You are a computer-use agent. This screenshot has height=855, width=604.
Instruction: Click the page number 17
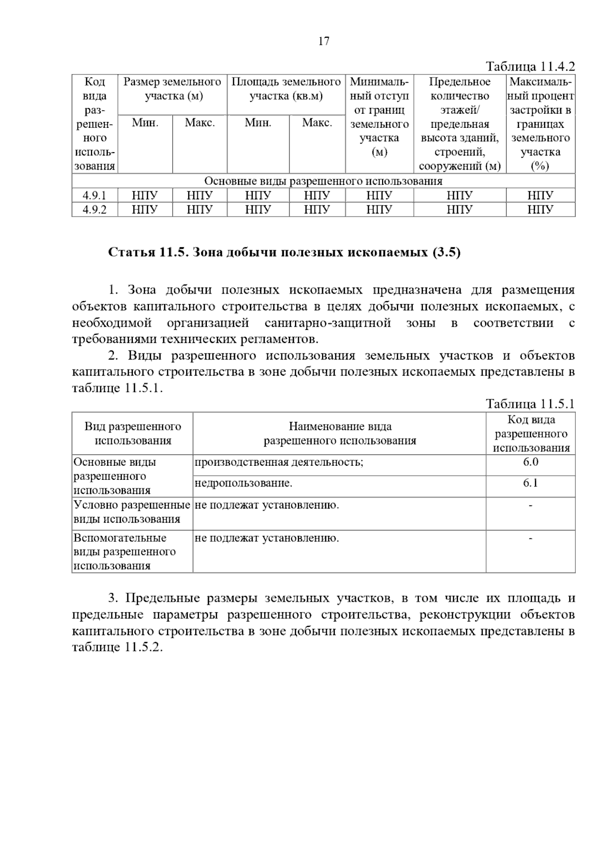tap(324, 41)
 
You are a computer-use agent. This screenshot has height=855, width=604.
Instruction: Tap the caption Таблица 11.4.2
tap(530, 66)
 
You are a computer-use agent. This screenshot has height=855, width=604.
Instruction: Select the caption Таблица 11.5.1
tap(530, 404)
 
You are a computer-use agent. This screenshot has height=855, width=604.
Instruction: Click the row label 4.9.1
tap(95, 195)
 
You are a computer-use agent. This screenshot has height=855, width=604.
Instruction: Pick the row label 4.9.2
tap(95, 209)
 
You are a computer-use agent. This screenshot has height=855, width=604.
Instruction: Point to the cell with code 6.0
tap(530, 462)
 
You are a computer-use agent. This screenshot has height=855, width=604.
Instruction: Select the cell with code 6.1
tap(530, 483)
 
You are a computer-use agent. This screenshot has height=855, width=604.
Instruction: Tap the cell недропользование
tap(243, 483)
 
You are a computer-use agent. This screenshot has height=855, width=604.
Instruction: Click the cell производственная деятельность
tap(279, 462)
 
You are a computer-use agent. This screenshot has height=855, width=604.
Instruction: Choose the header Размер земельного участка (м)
tap(173, 89)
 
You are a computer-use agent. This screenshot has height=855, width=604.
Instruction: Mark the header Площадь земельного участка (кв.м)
tap(286, 89)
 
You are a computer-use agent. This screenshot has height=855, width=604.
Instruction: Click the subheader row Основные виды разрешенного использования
tap(323, 181)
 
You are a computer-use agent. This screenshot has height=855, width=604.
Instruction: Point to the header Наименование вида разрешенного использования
tap(340, 434)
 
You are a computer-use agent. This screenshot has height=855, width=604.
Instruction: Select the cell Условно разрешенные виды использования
tap(132, 512)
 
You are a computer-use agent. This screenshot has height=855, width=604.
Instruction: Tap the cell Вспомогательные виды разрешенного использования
tap(125, 551)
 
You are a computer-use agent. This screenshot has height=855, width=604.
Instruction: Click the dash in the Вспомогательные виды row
tap(530, 539)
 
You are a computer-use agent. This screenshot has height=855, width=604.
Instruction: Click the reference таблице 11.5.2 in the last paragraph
tap(117, 648)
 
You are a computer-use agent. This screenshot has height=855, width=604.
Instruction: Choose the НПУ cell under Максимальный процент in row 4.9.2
tap(540, 209)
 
